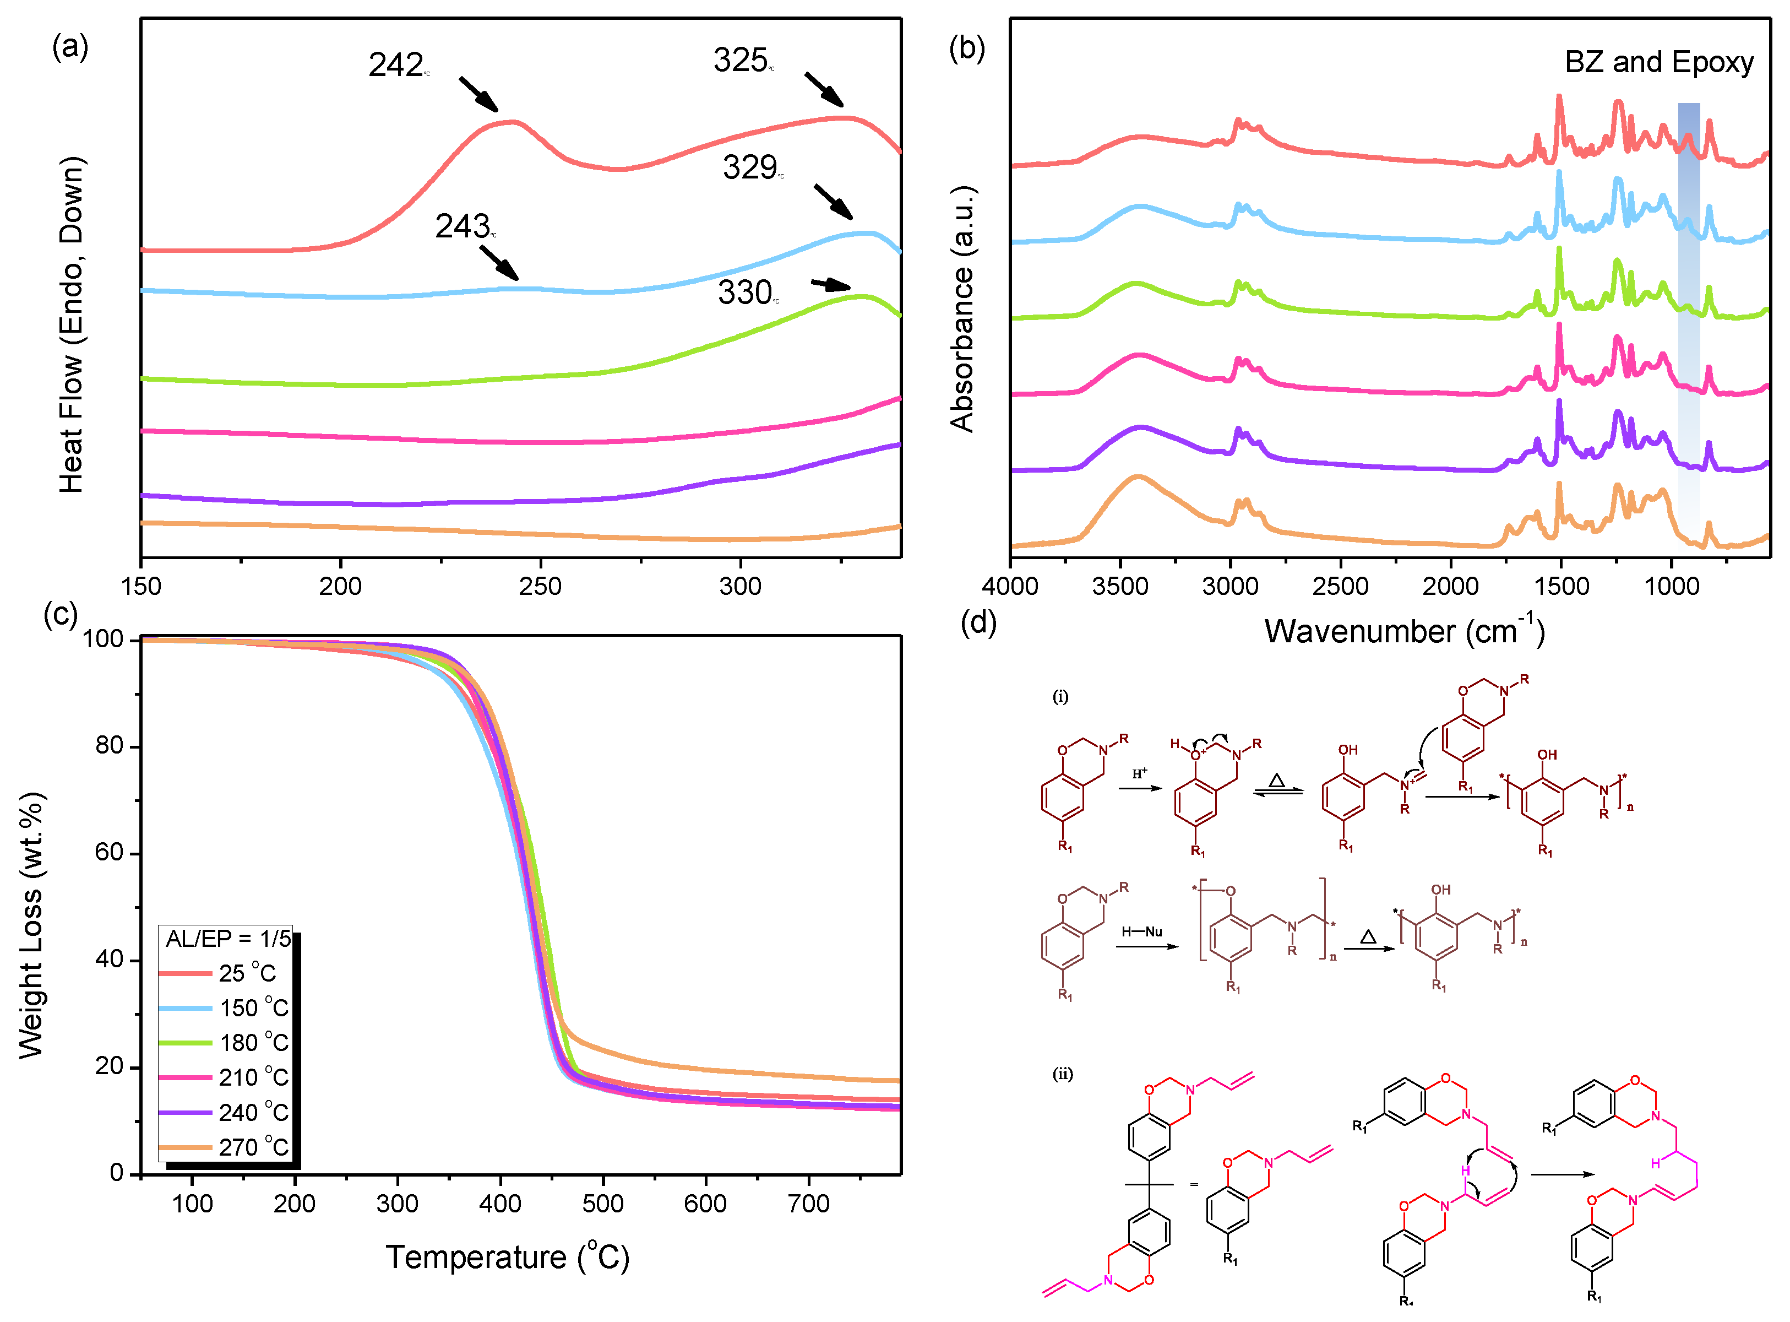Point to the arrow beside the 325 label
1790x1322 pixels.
click(824, 90)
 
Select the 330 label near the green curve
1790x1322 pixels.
click(746, 293)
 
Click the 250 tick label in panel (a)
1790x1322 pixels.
click(540, 587)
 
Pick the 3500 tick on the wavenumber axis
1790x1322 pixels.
click(1120, 587)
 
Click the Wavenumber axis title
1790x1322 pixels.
click(1403, 631)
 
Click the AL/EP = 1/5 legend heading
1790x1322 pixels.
click(228, 939)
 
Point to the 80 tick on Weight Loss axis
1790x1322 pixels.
click(109, 746)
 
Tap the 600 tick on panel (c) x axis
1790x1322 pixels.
click(705, 1204)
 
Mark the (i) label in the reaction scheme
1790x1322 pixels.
click(1060, 697)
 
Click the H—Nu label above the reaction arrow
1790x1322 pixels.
click(1141, 931)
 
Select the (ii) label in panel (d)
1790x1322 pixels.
click(1062, 1074)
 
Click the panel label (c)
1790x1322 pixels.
click(60, 615)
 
